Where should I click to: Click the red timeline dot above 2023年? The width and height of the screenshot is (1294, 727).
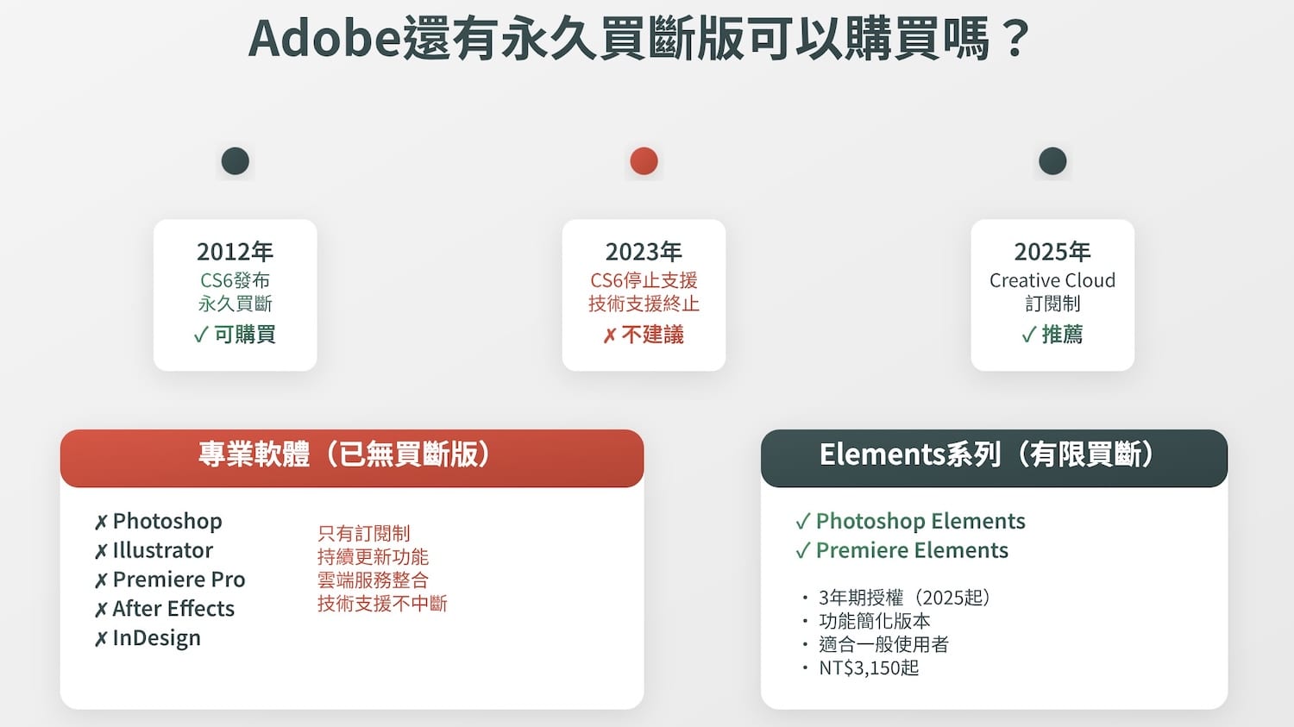644,161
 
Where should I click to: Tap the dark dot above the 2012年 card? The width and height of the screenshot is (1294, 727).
235,161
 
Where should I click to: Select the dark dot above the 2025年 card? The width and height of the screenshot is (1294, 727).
1052,161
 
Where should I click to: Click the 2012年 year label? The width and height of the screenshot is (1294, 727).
235,252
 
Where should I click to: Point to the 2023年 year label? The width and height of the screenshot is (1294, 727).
644,252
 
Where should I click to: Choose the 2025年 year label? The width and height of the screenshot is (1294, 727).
1052,252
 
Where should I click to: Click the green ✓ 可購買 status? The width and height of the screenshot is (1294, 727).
235,335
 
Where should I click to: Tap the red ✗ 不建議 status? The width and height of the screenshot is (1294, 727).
644,335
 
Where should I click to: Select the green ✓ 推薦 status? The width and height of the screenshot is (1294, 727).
1052,335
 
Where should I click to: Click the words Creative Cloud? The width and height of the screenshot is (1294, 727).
1052,280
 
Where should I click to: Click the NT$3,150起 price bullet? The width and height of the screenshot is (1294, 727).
868,667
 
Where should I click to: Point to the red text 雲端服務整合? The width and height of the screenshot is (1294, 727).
373,580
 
